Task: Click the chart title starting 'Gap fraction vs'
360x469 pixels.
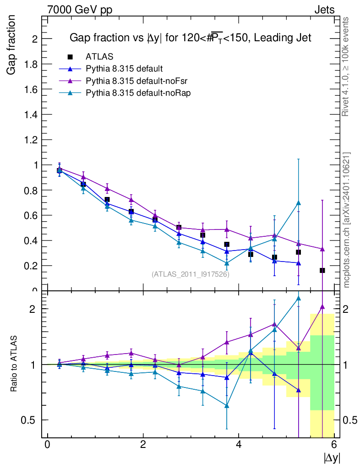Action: tap(190, 38)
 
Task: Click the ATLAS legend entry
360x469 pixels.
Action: tap(99, 57)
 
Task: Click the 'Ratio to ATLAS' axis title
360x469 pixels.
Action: tap(14, 364)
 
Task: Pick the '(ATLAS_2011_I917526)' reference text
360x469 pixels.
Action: tap(191, 274)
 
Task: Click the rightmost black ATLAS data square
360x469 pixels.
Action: tap(322, 270)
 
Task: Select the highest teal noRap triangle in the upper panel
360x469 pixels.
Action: tap(298, 203)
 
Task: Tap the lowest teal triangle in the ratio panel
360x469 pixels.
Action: tap(227, 406)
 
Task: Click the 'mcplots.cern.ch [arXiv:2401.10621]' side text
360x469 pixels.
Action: tap(347, 220)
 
